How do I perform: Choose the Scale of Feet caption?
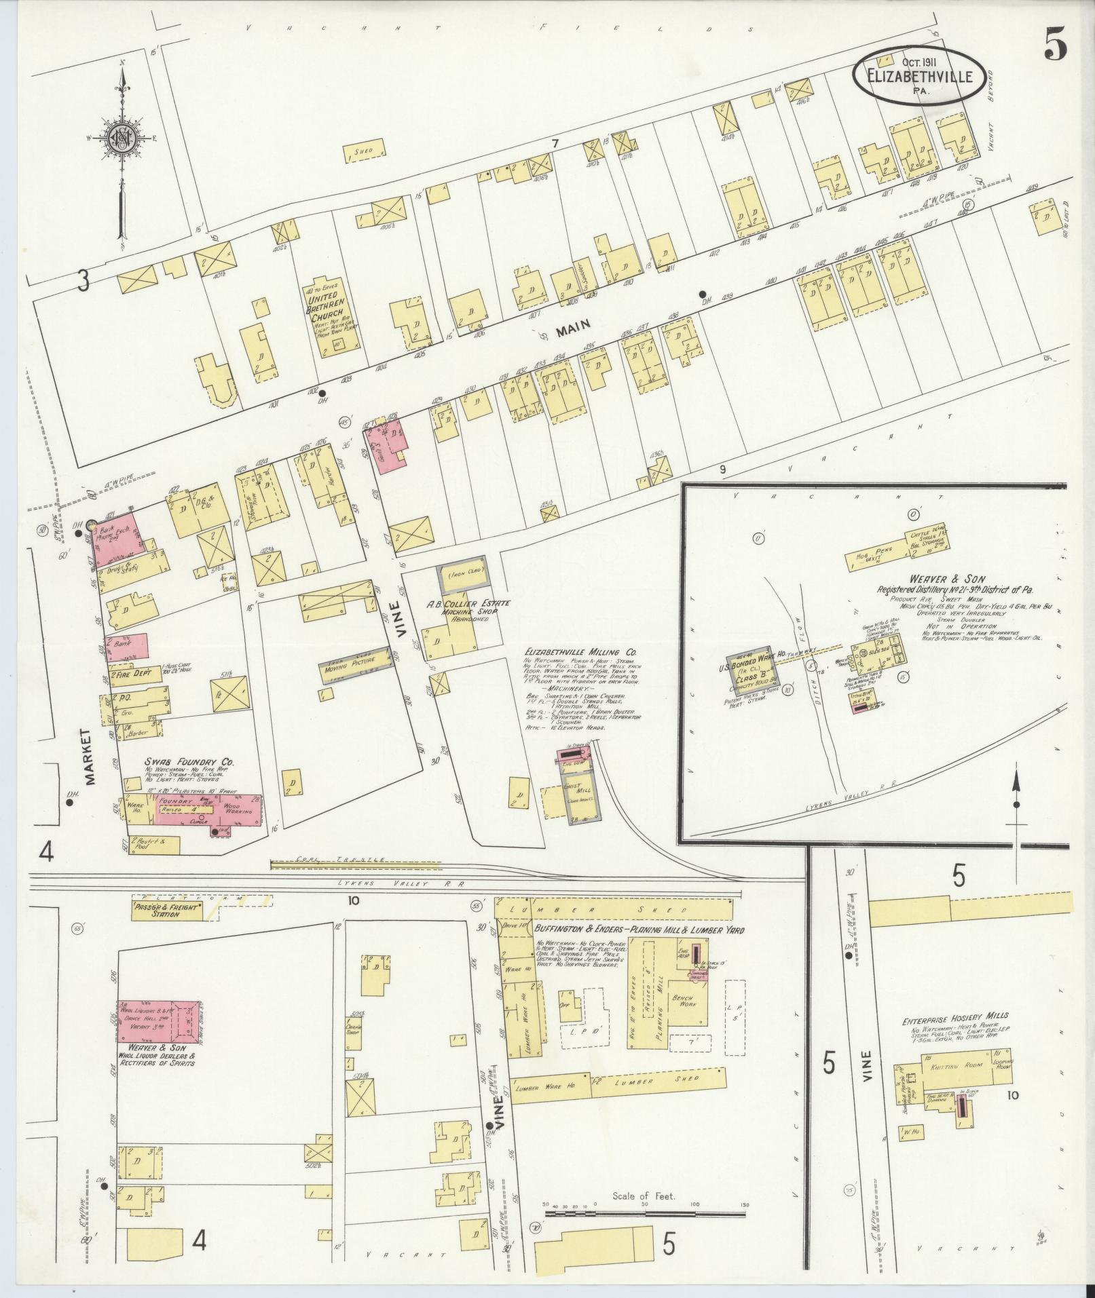point(643,1196)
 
